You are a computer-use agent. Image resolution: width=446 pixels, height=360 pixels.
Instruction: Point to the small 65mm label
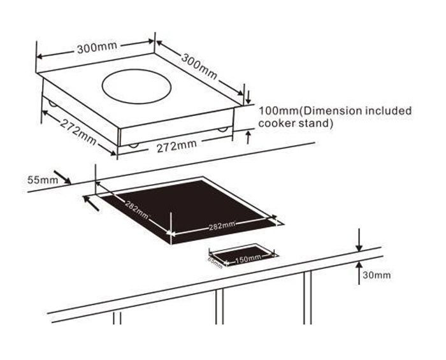pos(215,261)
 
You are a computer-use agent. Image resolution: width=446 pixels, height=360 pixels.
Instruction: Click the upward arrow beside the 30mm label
pos(359,268)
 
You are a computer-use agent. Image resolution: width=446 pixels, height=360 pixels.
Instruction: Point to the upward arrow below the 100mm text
pos(248,136)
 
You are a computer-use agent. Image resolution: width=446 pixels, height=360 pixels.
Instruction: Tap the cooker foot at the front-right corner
pos(222,130)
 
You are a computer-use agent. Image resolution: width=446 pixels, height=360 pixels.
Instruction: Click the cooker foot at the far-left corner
pos(48,102)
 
